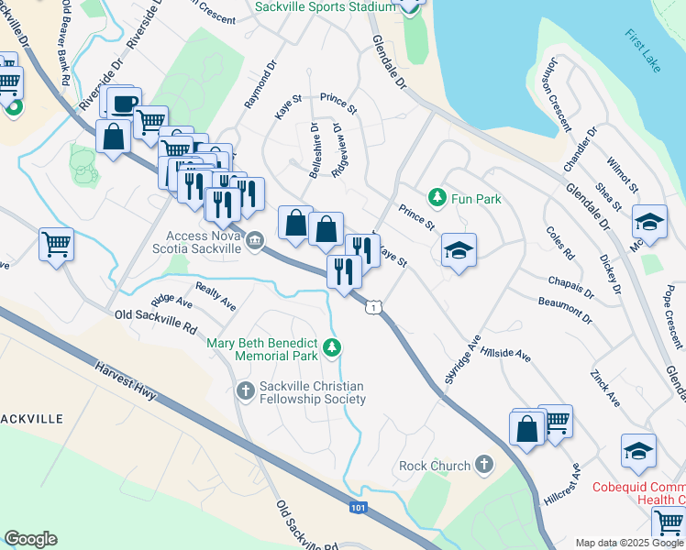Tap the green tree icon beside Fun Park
(x=437, y=197)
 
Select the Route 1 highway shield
(x=372, y=307)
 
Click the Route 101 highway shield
(x=360, y=507)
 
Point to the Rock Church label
(x=435, y=466)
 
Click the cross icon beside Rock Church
(x=483, y=466)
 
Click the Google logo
(x=30, y=539)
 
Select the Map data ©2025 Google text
(x=628, y=542)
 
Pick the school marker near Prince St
(x=459, y=249)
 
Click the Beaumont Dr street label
(x=565, y=307)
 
